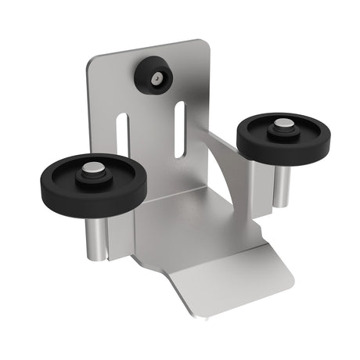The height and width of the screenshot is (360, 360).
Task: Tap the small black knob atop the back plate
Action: coord(153,76)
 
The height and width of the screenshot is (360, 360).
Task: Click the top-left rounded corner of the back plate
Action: coord(92,62)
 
